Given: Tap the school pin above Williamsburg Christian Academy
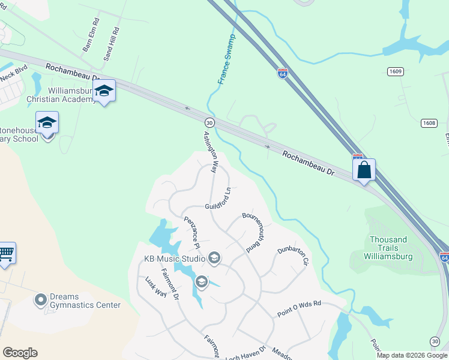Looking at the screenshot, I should [104, 91].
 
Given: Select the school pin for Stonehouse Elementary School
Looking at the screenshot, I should [47, 123].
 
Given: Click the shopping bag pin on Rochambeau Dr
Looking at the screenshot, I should [364, 170].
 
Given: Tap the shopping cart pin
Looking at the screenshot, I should [6, 253].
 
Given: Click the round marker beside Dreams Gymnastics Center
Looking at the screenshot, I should [41, 299].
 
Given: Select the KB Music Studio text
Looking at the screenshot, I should [173, 259].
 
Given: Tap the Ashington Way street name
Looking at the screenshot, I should [209, 152].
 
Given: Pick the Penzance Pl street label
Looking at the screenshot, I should [191, 232].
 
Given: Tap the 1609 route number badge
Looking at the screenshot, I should [395, 71].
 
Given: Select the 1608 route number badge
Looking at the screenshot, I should [429, 123].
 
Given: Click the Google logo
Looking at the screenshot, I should [20, 353].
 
